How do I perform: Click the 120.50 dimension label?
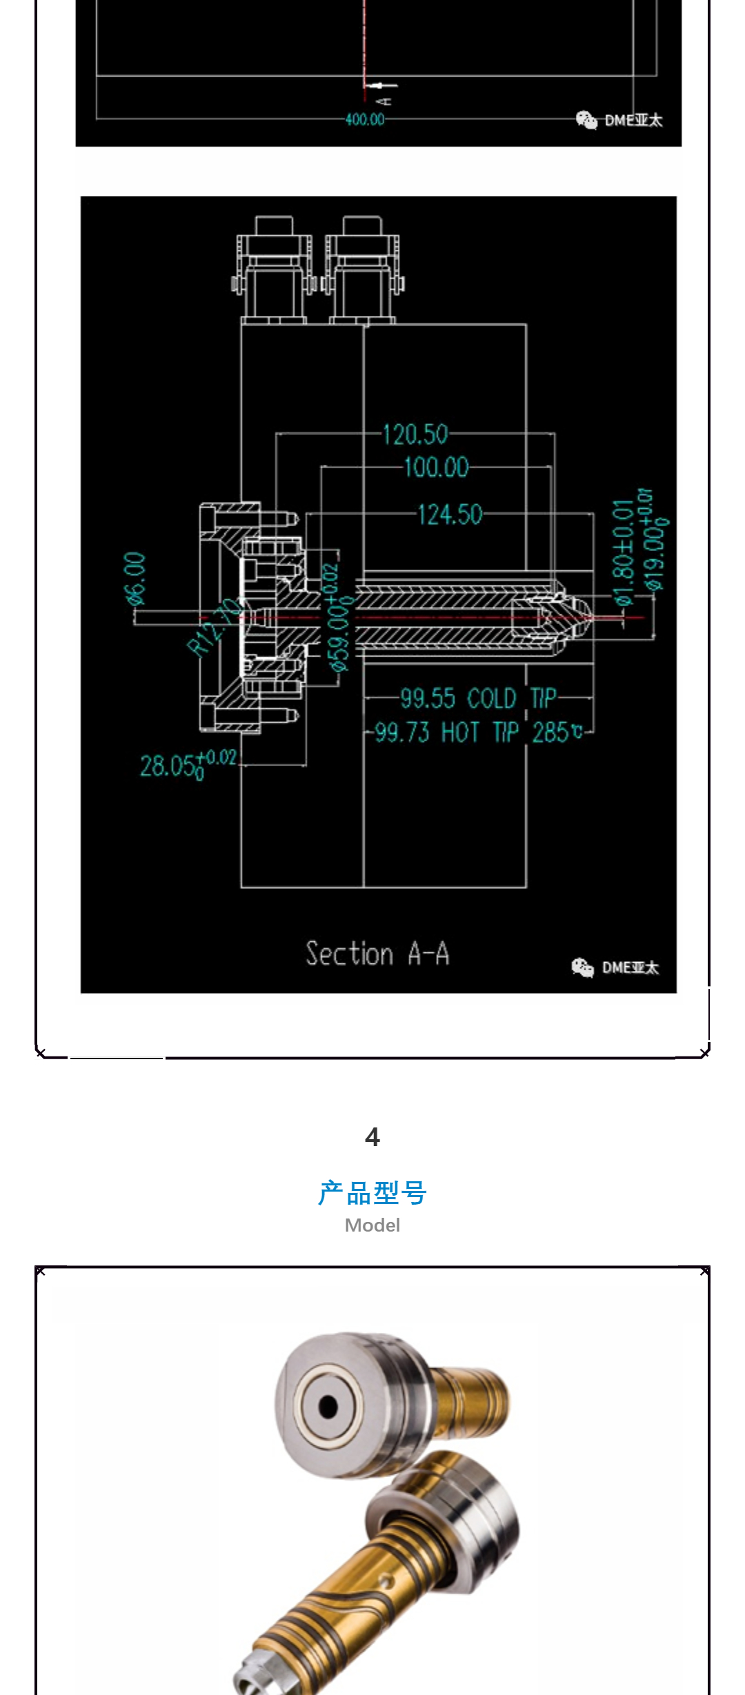415,434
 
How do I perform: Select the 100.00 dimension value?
436,467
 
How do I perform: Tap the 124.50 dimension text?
450,514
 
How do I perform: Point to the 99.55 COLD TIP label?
478,699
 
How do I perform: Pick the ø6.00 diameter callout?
136,579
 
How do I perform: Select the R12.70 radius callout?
214,627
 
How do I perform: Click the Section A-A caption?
377,954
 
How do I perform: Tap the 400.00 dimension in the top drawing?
365,119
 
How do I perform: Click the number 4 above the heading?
372,1136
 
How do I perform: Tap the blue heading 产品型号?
372,1192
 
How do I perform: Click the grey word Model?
372,1225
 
